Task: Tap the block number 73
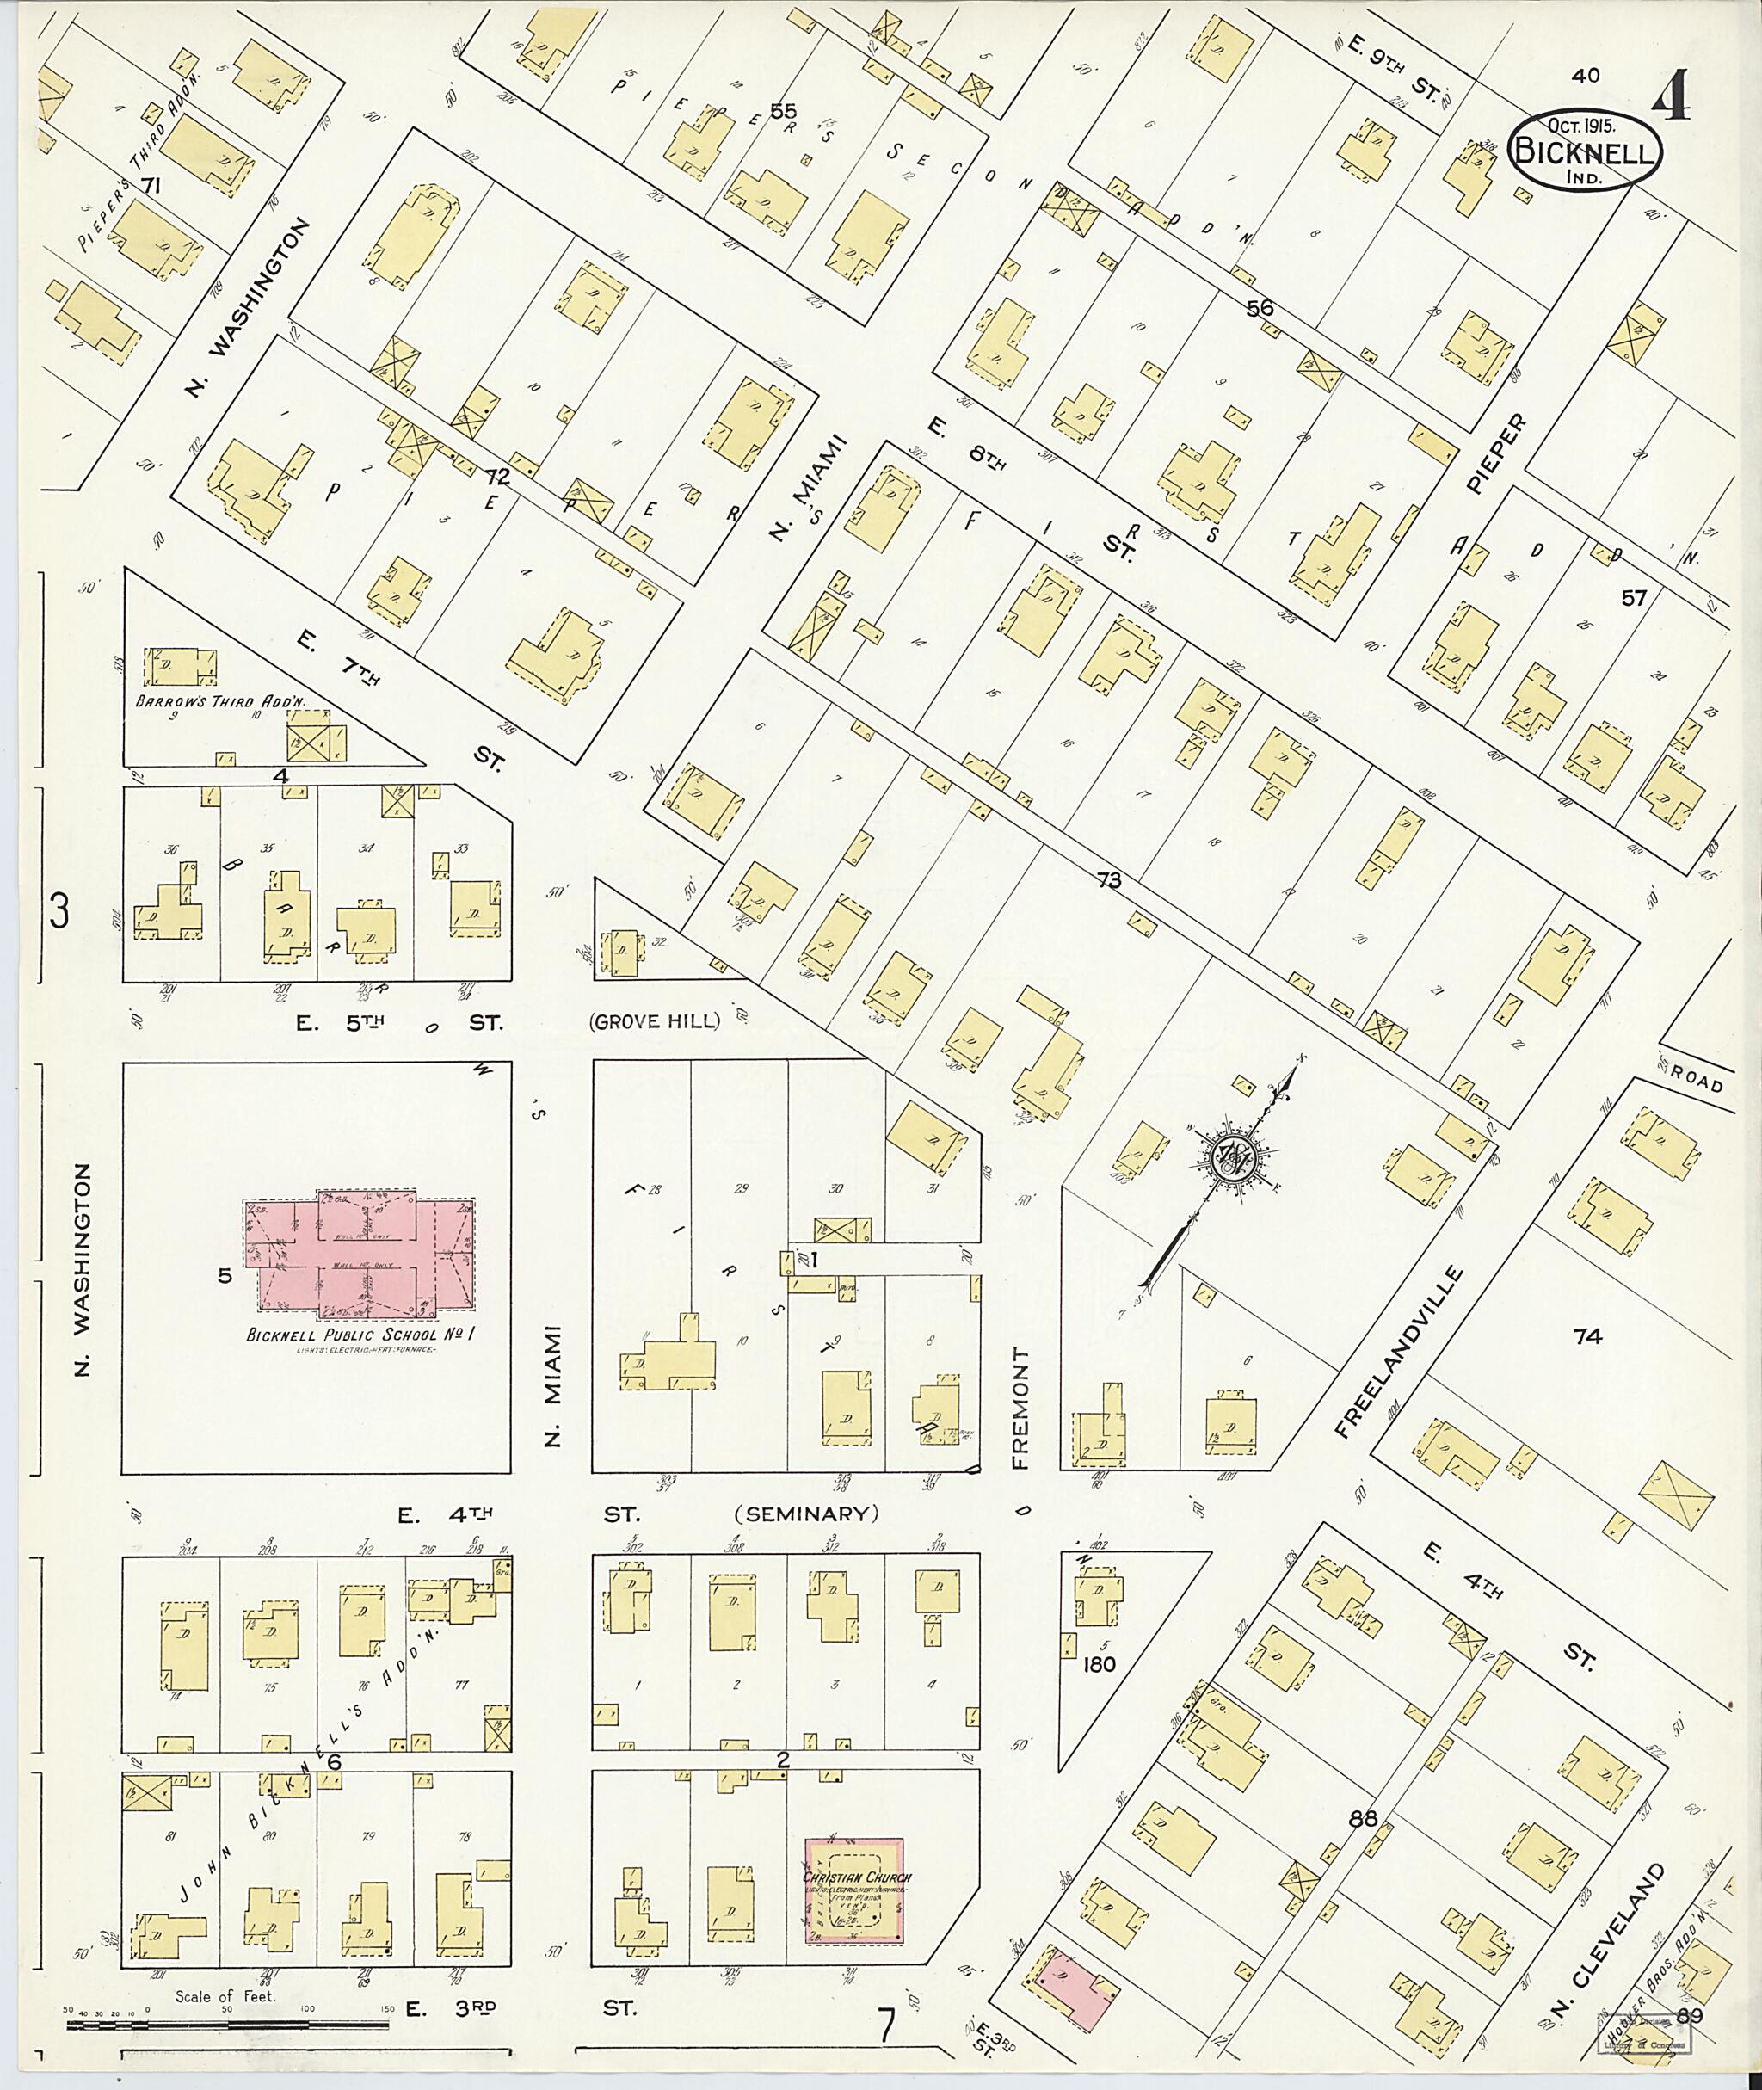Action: [1109, 880]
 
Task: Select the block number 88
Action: [1364, 1819]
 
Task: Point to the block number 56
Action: [1260, 309]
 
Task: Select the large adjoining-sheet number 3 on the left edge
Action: [61, 912]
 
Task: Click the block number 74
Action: [1587, 1335]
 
